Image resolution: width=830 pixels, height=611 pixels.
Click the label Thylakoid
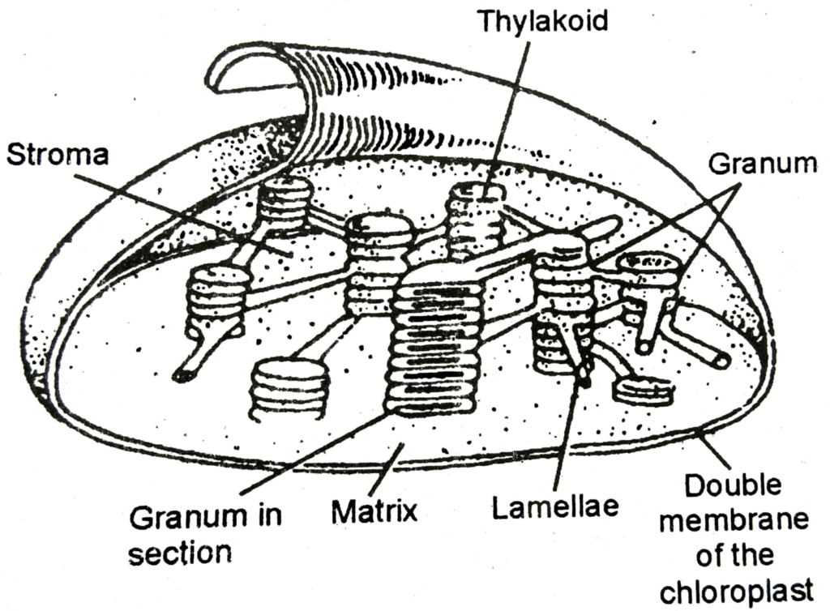coord(541,20)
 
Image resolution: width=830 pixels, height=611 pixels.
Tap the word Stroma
coord(56,155)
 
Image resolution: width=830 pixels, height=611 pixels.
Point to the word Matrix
coord(374,511)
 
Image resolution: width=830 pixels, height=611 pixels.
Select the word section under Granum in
coord(180,553)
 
